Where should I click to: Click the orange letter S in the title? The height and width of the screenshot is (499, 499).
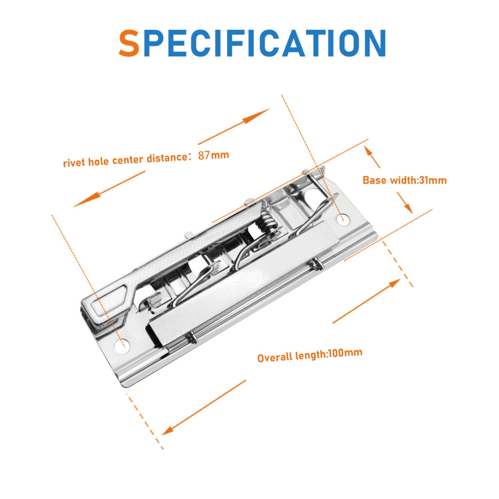129,43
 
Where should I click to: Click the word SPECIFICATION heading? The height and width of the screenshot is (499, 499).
252,43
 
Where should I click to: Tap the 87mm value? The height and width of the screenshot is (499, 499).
213,155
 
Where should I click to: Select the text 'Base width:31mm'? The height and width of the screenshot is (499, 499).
404,180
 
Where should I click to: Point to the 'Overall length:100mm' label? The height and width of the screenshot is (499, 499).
309,355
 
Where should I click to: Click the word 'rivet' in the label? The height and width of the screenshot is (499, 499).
74,163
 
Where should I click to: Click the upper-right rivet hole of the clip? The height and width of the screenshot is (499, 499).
343,219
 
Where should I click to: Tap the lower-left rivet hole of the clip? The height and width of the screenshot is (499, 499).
122,346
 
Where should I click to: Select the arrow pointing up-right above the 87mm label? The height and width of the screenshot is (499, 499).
234,126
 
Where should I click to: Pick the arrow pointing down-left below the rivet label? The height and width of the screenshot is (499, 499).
109,189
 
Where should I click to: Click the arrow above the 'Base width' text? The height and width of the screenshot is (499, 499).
372,156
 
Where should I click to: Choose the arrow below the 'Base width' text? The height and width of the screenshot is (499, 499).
405,202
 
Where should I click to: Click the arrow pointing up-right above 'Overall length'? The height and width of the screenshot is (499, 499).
366,301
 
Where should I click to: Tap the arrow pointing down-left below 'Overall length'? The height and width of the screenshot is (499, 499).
204,407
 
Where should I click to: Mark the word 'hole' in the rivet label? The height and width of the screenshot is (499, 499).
98,161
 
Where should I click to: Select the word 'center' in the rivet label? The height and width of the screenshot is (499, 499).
128,160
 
